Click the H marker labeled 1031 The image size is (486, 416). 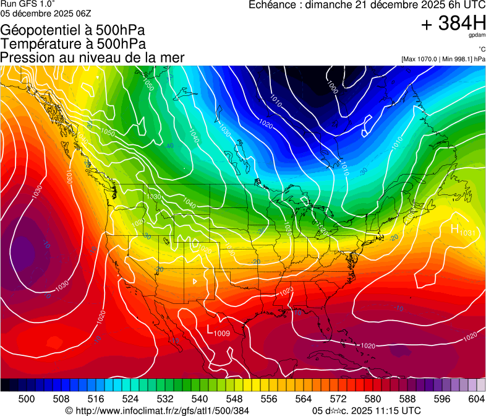pyautogui.click(x=455, y=229)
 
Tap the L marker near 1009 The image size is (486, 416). pyautogui.click(x=210, y=329)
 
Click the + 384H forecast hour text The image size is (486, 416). pyautogui.click(x=453, y=24)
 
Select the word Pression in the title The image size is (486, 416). pyautogui.click(x=28, y=58)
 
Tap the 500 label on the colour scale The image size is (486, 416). pyautogui.click(x=26, y=399)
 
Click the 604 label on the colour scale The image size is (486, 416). pyautogui.click(x=476, y=399)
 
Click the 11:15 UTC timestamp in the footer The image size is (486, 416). pyautogui.click(x=393, y=410)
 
